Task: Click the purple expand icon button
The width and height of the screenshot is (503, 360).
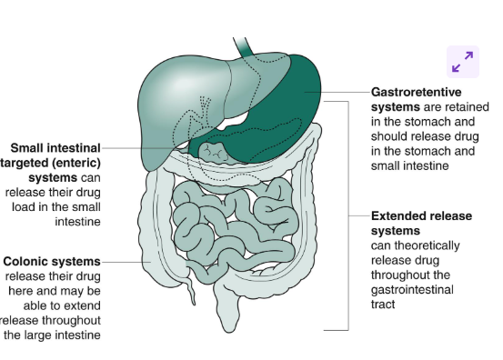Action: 462,61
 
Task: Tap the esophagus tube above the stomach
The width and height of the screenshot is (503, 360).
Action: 243,44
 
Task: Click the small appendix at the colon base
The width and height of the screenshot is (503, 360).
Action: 190,292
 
